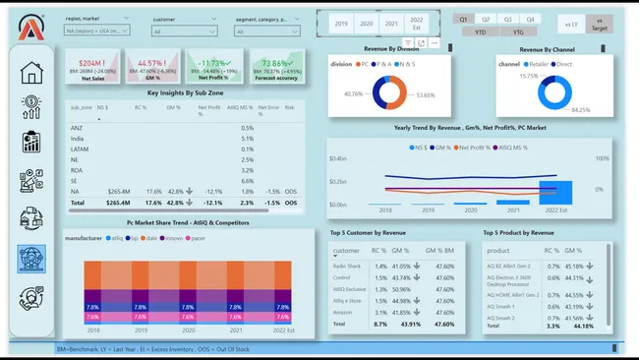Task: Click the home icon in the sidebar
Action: click(31, 73)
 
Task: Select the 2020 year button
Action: click(368, 22)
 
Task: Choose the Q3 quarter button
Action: click(508, 19)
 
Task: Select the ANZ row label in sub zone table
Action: click(78, 128)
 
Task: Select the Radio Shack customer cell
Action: click(347, 266)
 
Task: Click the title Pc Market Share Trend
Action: click(186, 222)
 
